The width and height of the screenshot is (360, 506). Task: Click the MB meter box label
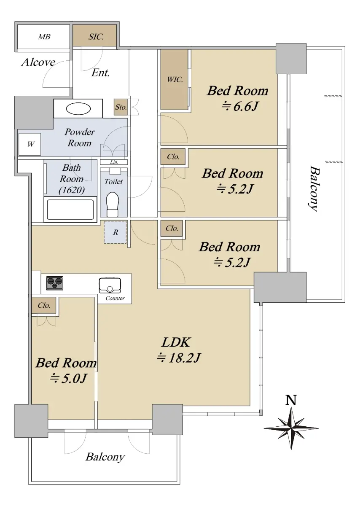point(44,37)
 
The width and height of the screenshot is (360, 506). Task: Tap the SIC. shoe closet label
point(96,37)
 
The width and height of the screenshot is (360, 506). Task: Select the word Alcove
point(38,62)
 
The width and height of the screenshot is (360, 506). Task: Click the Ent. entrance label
point(100,73)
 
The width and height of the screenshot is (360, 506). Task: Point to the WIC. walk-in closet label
point(175,80)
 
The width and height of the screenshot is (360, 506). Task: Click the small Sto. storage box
point(121,107)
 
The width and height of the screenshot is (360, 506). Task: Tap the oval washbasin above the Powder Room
point(78,109)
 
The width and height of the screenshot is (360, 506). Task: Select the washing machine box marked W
point(30,144)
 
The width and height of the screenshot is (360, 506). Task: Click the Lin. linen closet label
point(114,162)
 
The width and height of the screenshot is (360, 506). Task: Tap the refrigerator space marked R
point(115,232)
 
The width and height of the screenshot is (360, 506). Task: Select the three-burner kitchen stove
point(55,283)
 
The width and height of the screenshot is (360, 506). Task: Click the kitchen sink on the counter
point(110,285)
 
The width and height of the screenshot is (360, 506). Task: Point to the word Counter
point(115,298)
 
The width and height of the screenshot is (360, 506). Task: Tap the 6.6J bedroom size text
point(240,106)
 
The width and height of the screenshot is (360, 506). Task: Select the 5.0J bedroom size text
point(68,378)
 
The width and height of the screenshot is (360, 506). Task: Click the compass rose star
point(291,428)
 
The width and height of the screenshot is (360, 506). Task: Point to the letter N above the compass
point(291,400)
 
